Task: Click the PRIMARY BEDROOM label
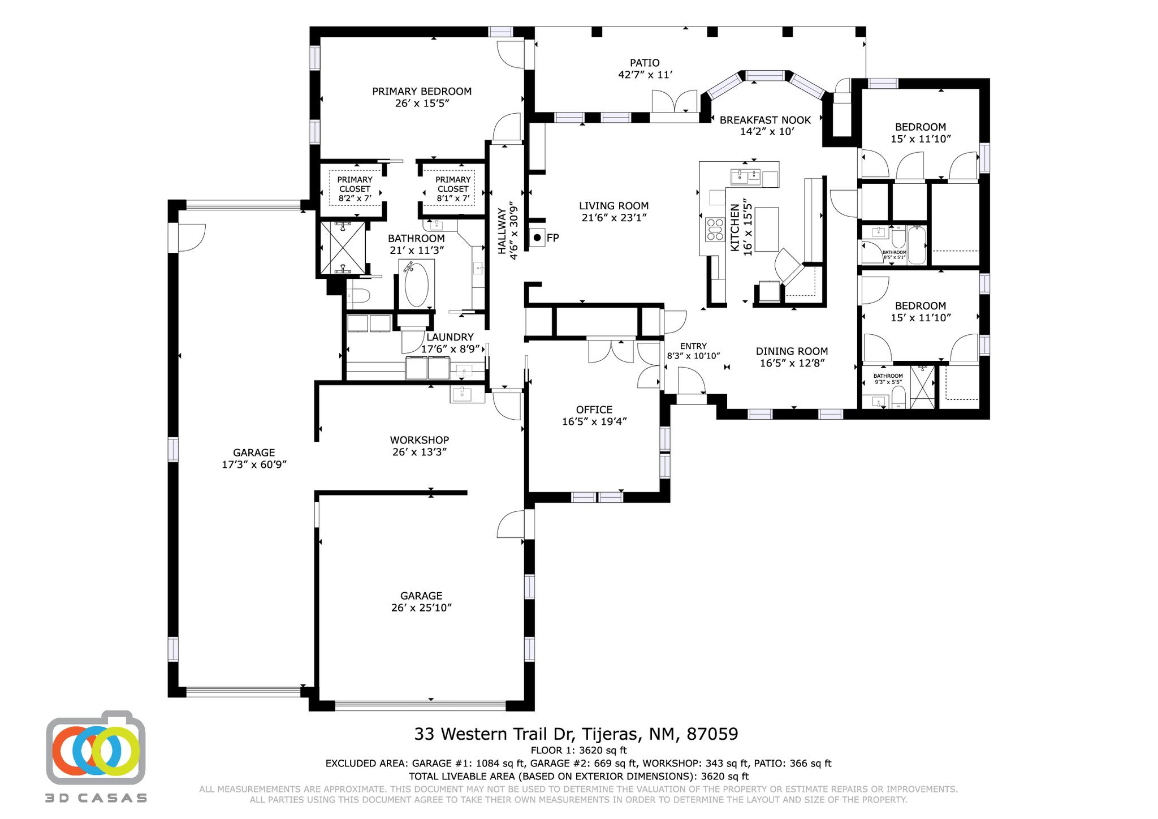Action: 421,91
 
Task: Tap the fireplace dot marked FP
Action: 537,238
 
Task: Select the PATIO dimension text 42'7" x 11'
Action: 645,75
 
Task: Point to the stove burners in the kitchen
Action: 715,230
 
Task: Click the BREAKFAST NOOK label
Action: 765,120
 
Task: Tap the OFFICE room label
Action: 594,409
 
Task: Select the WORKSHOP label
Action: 419,439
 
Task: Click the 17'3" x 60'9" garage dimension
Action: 254,464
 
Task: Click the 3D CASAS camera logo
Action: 96,748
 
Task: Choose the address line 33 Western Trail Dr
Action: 576,734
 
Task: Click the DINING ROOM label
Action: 792,351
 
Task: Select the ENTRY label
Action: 693,346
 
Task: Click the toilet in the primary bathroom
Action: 358,295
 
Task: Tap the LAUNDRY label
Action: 450,337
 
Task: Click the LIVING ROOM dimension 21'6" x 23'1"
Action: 613,218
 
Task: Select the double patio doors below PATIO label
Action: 675,102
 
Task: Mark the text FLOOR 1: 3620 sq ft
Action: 578,751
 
